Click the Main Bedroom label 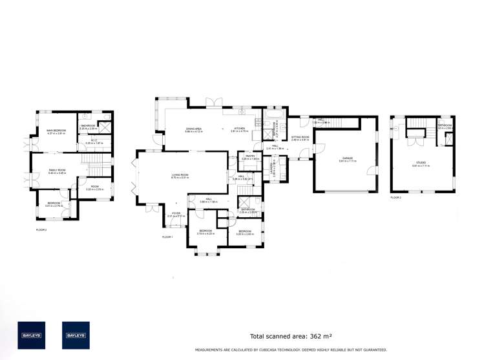tap(57, 131)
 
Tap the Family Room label tap(58, 171)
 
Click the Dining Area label tap(194, 130)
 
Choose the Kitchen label tap(240, 130)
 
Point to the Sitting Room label tap(300, 138)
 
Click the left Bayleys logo tap(31, 335)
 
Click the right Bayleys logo tap(75, 335)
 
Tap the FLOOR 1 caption tap(168, 237)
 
